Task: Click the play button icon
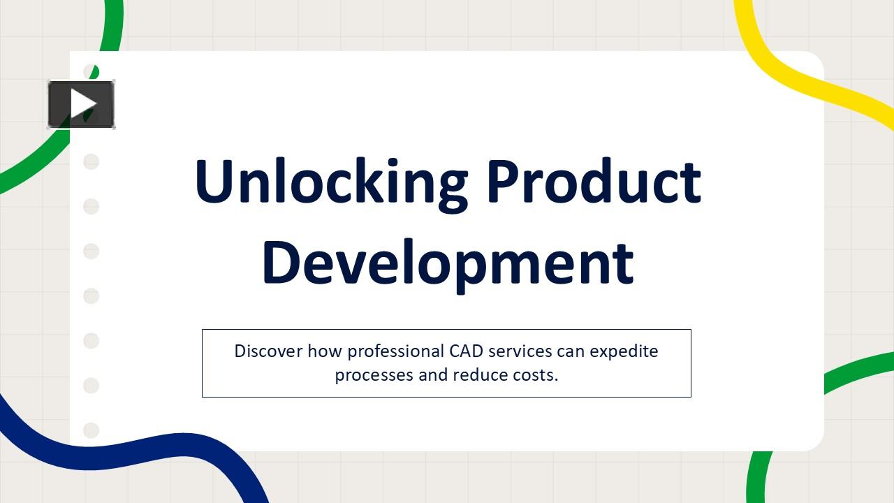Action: point(81,105)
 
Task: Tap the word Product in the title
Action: point(594,182)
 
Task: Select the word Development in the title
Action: point(447,262)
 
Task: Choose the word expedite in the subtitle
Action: point(624,351)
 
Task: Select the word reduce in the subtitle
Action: point(480,375)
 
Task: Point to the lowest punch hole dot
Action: point(91,430)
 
